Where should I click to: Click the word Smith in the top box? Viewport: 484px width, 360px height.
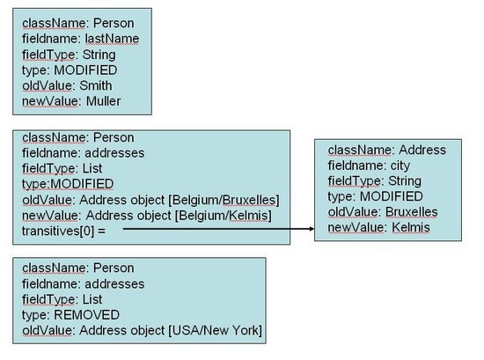(103, 86)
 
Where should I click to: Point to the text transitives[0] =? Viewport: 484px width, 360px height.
(65, 231)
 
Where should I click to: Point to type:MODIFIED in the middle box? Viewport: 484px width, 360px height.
(68, 185)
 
